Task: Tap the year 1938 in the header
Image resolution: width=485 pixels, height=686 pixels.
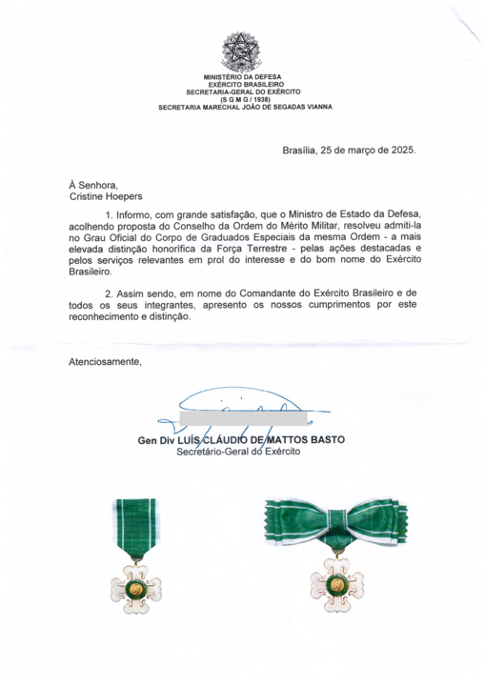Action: pos(250,99)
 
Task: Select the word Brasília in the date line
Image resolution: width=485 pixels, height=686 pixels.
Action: pos(303,151)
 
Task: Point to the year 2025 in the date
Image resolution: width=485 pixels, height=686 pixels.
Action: pos(400,151)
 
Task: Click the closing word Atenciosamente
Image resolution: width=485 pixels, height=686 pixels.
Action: pos(105,361)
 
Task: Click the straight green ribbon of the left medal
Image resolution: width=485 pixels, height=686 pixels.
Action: pos(134,530)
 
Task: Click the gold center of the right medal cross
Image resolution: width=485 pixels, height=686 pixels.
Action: pos(336,581)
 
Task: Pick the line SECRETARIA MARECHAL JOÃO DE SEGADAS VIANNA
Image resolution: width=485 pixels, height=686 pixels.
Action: pos(245,107)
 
